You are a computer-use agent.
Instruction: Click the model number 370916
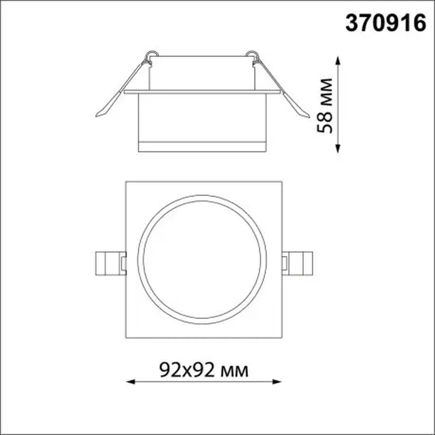pos(386,23)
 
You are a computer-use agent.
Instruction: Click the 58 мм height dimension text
pos(325,105)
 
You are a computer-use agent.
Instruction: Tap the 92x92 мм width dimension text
pos(204,370)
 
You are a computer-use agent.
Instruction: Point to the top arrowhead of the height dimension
pos(337,60)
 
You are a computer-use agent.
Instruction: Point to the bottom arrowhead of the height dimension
pos(337,150)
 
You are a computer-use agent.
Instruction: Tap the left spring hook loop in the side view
pos(152,54)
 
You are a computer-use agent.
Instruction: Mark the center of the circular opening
pos(202,259)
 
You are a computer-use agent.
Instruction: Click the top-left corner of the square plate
pos(126,182)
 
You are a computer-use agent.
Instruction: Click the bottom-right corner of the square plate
pos(281,337)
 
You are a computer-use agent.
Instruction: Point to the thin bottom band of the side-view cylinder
pos(202,147)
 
